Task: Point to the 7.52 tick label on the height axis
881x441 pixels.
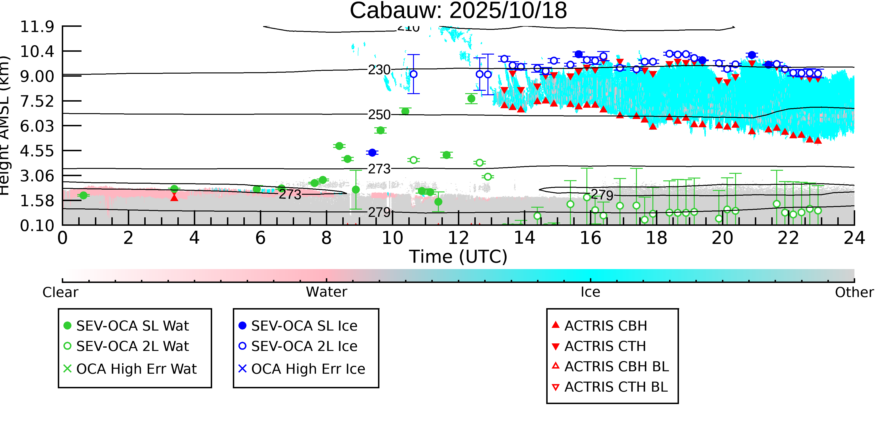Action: [x=37, y=101]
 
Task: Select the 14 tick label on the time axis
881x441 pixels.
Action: [x=524, y=238]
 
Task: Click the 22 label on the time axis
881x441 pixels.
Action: [x=788, y=238]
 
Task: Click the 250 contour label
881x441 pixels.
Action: [x=379, y=115]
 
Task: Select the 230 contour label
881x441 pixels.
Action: [x=379, y=70]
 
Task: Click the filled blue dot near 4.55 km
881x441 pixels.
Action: [x=372, y=153]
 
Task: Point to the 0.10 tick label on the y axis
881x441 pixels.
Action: [x=37, y=226]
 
